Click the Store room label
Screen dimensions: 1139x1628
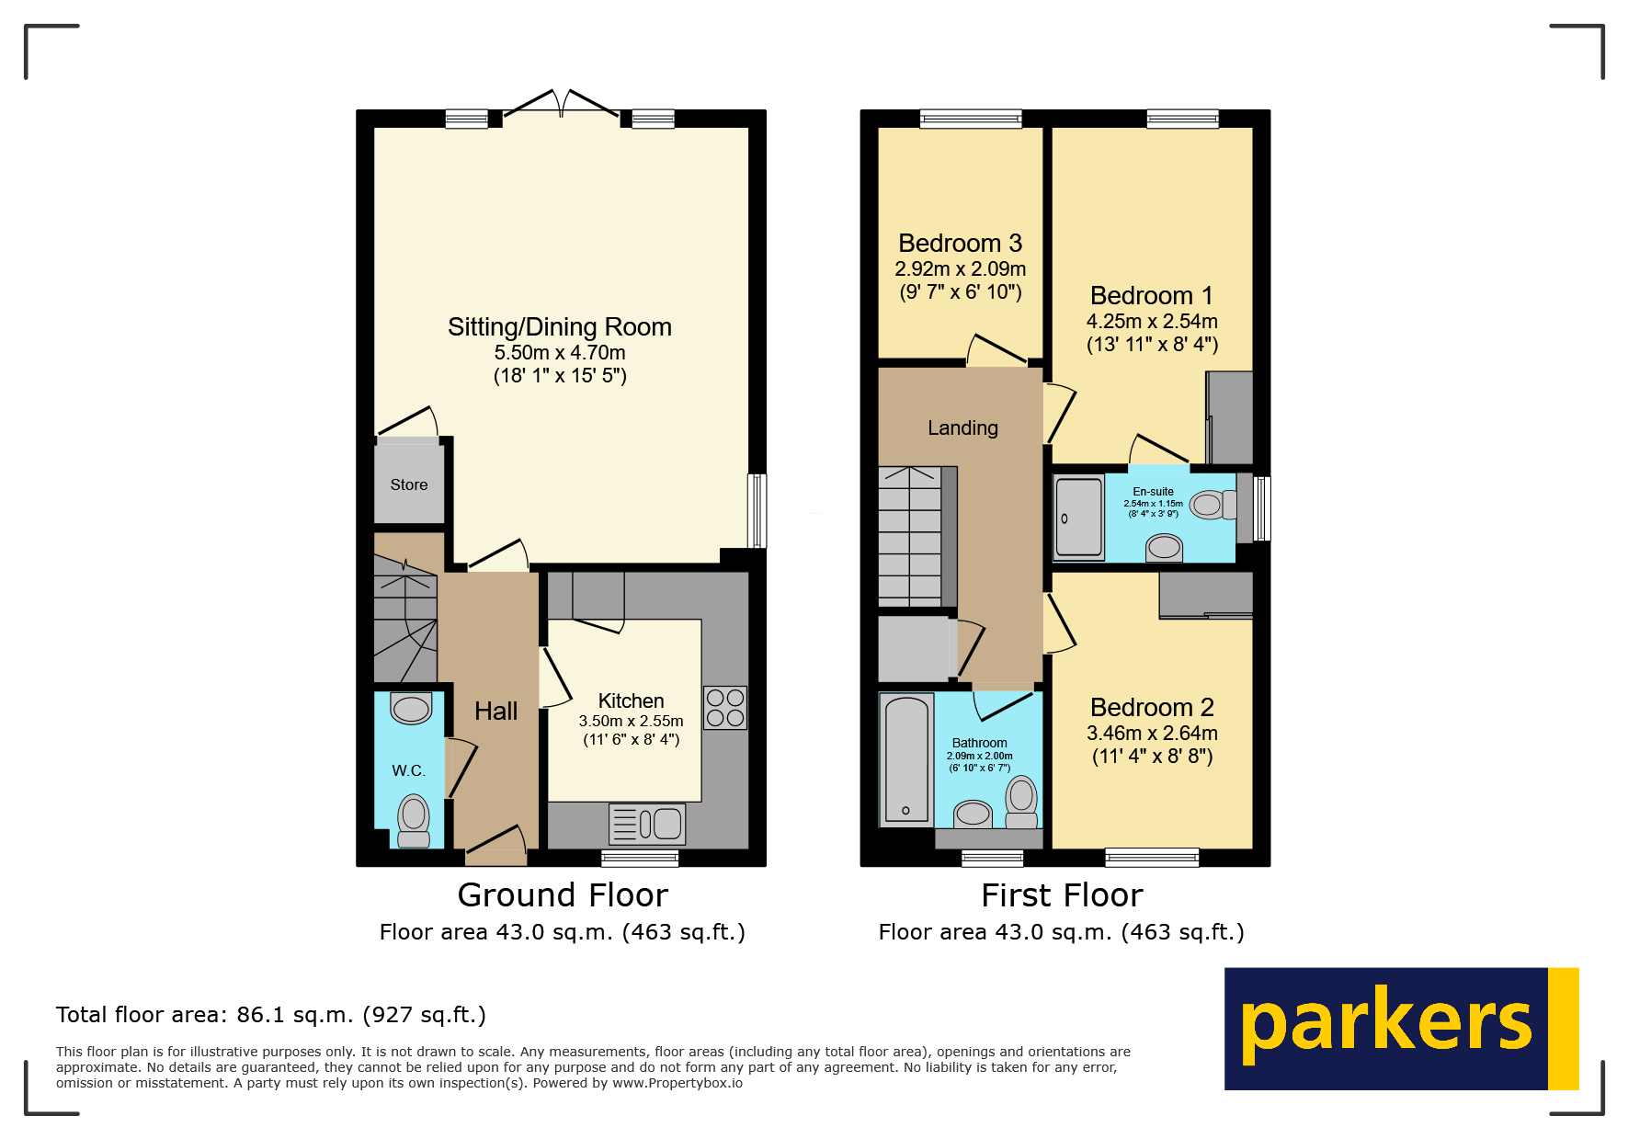(x=409, y=484)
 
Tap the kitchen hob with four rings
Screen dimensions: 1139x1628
(x=725, y=708)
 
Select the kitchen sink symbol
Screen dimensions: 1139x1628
(x=647, y=824)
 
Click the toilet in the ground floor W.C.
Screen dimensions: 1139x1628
(x=414, y=819)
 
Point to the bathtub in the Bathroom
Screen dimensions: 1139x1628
(x=906, y=759)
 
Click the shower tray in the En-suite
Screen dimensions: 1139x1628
(x=1078, y=518)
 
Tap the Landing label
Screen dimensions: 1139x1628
(x=962, y=427)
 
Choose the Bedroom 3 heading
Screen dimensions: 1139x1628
(x=960, y=243)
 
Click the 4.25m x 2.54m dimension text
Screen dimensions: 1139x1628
(x=1152, y=322)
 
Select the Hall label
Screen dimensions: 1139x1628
(x=495, y=711)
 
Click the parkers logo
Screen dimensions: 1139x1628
(x=1401, y=1028)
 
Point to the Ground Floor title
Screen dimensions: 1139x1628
(x=563, y=894)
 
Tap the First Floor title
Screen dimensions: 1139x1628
(x=1062, y=894)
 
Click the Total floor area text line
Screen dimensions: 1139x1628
(x=271, y=1015)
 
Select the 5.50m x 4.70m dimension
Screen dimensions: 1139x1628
(x=560, y=353)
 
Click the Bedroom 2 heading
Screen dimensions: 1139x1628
(x=1152, y=707)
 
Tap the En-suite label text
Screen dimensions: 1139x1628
(x=1153, y=492)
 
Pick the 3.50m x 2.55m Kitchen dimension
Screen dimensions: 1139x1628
(x=631, y=722)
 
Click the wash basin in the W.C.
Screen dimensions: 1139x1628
(x=411, y=709)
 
